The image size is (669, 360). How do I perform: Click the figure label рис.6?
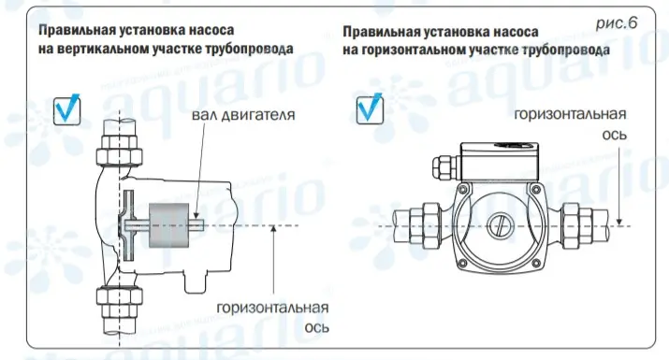(x=616, y=23)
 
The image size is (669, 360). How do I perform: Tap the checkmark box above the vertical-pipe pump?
(x=67, y=110)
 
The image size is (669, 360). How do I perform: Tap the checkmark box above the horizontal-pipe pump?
(x=370, y=109)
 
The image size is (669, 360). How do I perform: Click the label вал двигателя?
(x=243, y=115)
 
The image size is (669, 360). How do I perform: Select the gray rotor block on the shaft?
(x=169, y=225)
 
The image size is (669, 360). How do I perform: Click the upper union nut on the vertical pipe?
(x=119, y=150)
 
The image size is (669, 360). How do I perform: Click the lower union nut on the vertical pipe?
(x=119, y=302)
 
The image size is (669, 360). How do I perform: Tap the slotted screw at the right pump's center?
(x=499, y=225)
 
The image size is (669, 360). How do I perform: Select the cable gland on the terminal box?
(x=444, y=167)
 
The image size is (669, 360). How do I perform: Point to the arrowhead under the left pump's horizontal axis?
(x=273, y=229)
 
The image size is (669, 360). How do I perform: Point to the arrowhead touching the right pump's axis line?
(x=619, y=222)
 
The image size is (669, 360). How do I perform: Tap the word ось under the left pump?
(x=316, y=327)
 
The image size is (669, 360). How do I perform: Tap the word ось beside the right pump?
(x=615, y=135)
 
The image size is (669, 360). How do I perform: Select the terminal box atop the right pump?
(x=500, y=161)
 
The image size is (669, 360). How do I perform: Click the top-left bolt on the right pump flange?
(x=462, y=188)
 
